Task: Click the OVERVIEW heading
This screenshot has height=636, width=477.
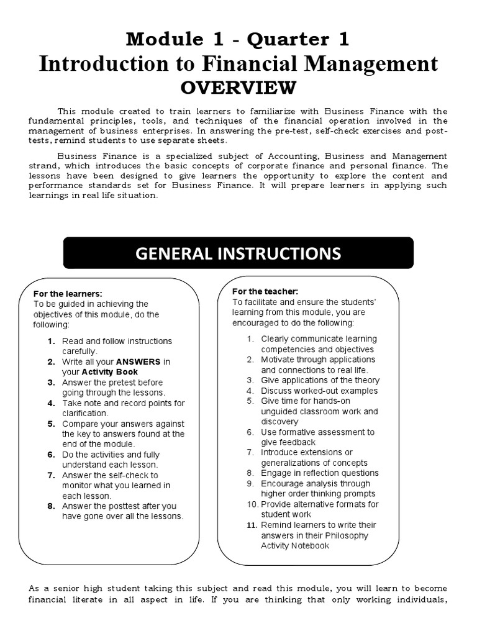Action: coord(238,87)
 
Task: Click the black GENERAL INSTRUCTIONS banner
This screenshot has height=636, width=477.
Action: coord(238,253)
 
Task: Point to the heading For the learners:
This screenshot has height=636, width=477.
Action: coord(68,294)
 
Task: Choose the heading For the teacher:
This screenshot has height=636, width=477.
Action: coord(265,291)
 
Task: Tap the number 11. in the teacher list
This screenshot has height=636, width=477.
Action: coord(251,525)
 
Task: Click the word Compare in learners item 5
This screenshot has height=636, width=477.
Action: coord(81,424)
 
